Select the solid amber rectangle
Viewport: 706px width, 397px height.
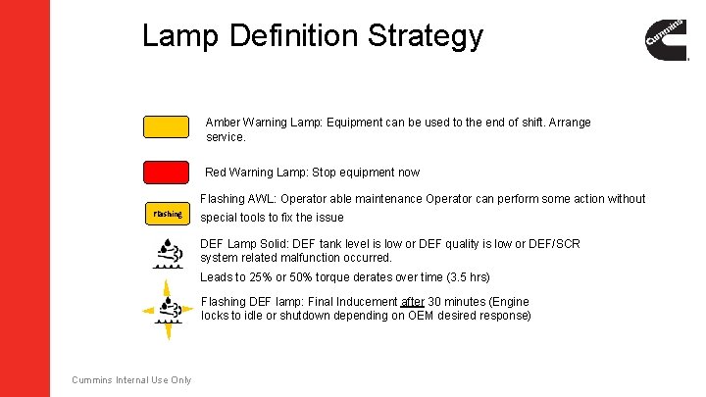coord(166,127)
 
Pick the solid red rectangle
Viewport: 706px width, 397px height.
coord(166,173)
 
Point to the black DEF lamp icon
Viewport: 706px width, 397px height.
coord(167,253)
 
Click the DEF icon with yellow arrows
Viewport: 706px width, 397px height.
coord(168,311)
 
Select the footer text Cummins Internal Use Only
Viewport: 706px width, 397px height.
coord(131,380)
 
